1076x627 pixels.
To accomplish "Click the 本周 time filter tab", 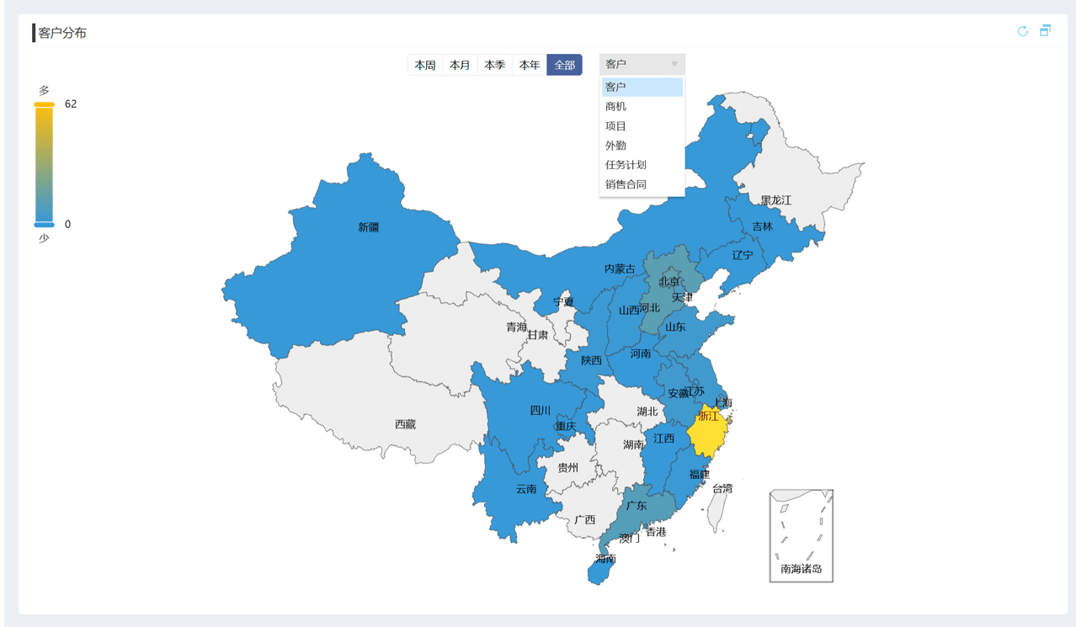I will click(x=425, y=65).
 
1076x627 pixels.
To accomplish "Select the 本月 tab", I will click(x=460, y=65).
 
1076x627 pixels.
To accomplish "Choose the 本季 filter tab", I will click(x=495, y=65).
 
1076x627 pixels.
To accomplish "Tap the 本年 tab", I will click(x=530, y=65).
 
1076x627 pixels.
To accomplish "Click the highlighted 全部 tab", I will click(x=564, y=65).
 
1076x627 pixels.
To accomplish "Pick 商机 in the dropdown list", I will click(x=616, y=107).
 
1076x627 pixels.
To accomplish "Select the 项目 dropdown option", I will click(x=616, y=126).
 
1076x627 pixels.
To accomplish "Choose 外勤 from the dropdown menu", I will click(x=616, y=146).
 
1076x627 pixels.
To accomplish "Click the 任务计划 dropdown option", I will click(x=626, y=165).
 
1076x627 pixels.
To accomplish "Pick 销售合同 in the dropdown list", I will click(x=626, y=184).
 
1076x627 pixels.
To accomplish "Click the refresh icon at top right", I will click(x=1022, y=31).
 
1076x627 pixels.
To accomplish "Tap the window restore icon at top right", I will click(x=1045, y=31).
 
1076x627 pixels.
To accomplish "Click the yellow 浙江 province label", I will click(x=709, y=416).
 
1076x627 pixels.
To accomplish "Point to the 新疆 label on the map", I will click(x=369, y=227).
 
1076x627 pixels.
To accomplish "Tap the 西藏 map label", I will click(x=406, y=425).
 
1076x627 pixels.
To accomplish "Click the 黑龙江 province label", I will click(x=775, y=200).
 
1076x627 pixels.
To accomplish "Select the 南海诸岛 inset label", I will click(x=801, y=569).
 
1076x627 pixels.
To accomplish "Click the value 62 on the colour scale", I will click(x=71, y=104).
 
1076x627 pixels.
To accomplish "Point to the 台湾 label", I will click(x=722, y=488).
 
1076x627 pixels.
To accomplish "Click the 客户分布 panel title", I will click(x=62, y=33).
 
